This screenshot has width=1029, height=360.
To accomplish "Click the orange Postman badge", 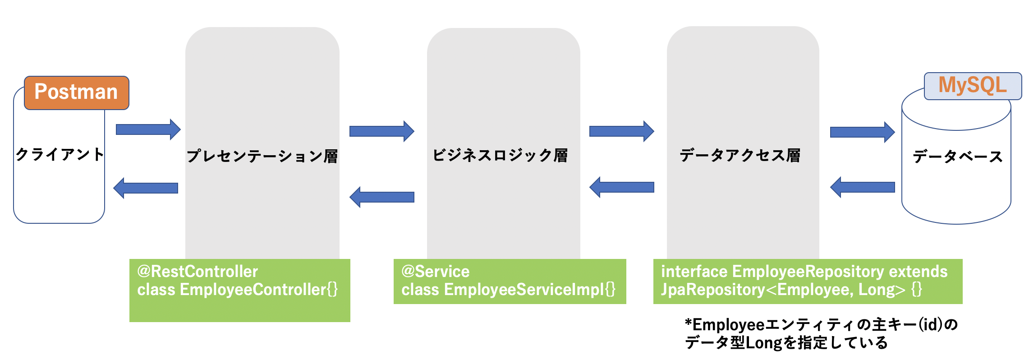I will click(x=76, y=92).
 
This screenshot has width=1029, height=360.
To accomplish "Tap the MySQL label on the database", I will click(x=972, y=85).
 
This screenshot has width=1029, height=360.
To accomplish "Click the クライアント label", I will click(x=60, y=154).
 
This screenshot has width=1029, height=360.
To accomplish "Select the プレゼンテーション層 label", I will click(x=262, y=156).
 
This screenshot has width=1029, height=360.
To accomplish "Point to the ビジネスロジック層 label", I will click(x=500, y=155).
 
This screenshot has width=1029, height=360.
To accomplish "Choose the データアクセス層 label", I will click(x=740, y=155).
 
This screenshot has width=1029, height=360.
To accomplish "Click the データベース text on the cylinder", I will click(x=957, y=157).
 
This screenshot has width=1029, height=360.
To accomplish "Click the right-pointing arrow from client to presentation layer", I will click(x=148, y=129).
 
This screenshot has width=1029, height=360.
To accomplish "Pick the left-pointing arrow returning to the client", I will click(x=146, y=188).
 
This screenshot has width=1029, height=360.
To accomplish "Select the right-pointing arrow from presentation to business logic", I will click(x=381, y=131).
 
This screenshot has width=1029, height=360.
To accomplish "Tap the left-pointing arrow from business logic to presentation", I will click(x=381, y=197).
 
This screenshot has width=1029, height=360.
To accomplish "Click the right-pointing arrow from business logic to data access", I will click(x=621, y=131).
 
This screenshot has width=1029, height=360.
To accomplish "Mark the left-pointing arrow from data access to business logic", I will click(x=621, y=187).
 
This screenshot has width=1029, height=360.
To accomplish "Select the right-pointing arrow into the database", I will click(x=862, y=132).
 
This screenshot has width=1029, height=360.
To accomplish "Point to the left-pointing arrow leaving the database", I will click(x=862, y=187).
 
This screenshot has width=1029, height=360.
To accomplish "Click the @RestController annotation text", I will click(x=198, y=272).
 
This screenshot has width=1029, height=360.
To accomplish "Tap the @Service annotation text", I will click(x=435, y=272).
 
